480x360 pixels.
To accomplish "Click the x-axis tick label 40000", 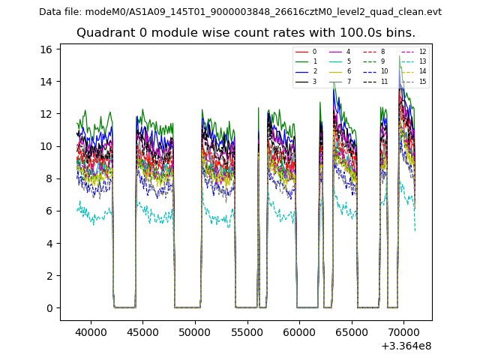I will [x=91, y=331].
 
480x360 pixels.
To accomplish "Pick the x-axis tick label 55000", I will [x=247, y=331].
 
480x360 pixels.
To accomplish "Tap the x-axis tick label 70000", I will [x=403, y=331].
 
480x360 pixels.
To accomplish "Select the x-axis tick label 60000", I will [x=299, y=331].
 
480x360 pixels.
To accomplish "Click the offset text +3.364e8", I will [x=405, y=346].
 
